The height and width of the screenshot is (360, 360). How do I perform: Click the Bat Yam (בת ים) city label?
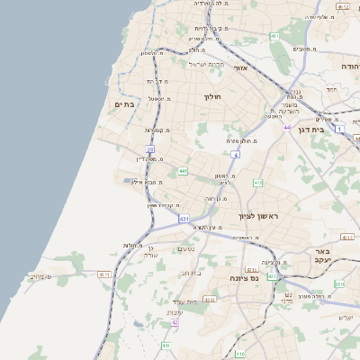pyautogui.click(x=125, y=105)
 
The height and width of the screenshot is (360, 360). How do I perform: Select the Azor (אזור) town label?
pyautogui.click(x=240, y=67)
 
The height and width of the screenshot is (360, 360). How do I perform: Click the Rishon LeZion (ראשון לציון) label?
pyautogui.click(x=259, y=217)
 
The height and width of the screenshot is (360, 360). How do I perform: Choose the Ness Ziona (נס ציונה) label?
pyautogui.click(x=241, y=278)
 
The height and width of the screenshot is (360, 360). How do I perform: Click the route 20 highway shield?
pyautogui.click(x=150, y=150)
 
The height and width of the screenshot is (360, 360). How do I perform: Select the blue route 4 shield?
pyautogui.click(x=235, y=155)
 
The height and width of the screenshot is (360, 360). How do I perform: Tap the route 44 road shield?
pyautogui.click(x=287, y=128)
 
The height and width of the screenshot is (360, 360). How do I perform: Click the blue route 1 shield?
pyautogui.click(x=339, y=130)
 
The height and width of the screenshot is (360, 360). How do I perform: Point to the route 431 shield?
pyautogui.click(x=184, y=219)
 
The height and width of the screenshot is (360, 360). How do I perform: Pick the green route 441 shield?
pyautogui.click(x=183, y=171)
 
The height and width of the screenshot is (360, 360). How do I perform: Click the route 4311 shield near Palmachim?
pyautogui.click(x=104, y=274)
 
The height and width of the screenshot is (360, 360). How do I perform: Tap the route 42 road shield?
pyautogui.click(x=175, y=322)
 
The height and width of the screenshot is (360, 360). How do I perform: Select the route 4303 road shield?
pyautogui.click(x=210, y=300)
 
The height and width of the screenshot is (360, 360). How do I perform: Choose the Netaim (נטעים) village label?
pyautogui.click(x=185, y=249)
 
